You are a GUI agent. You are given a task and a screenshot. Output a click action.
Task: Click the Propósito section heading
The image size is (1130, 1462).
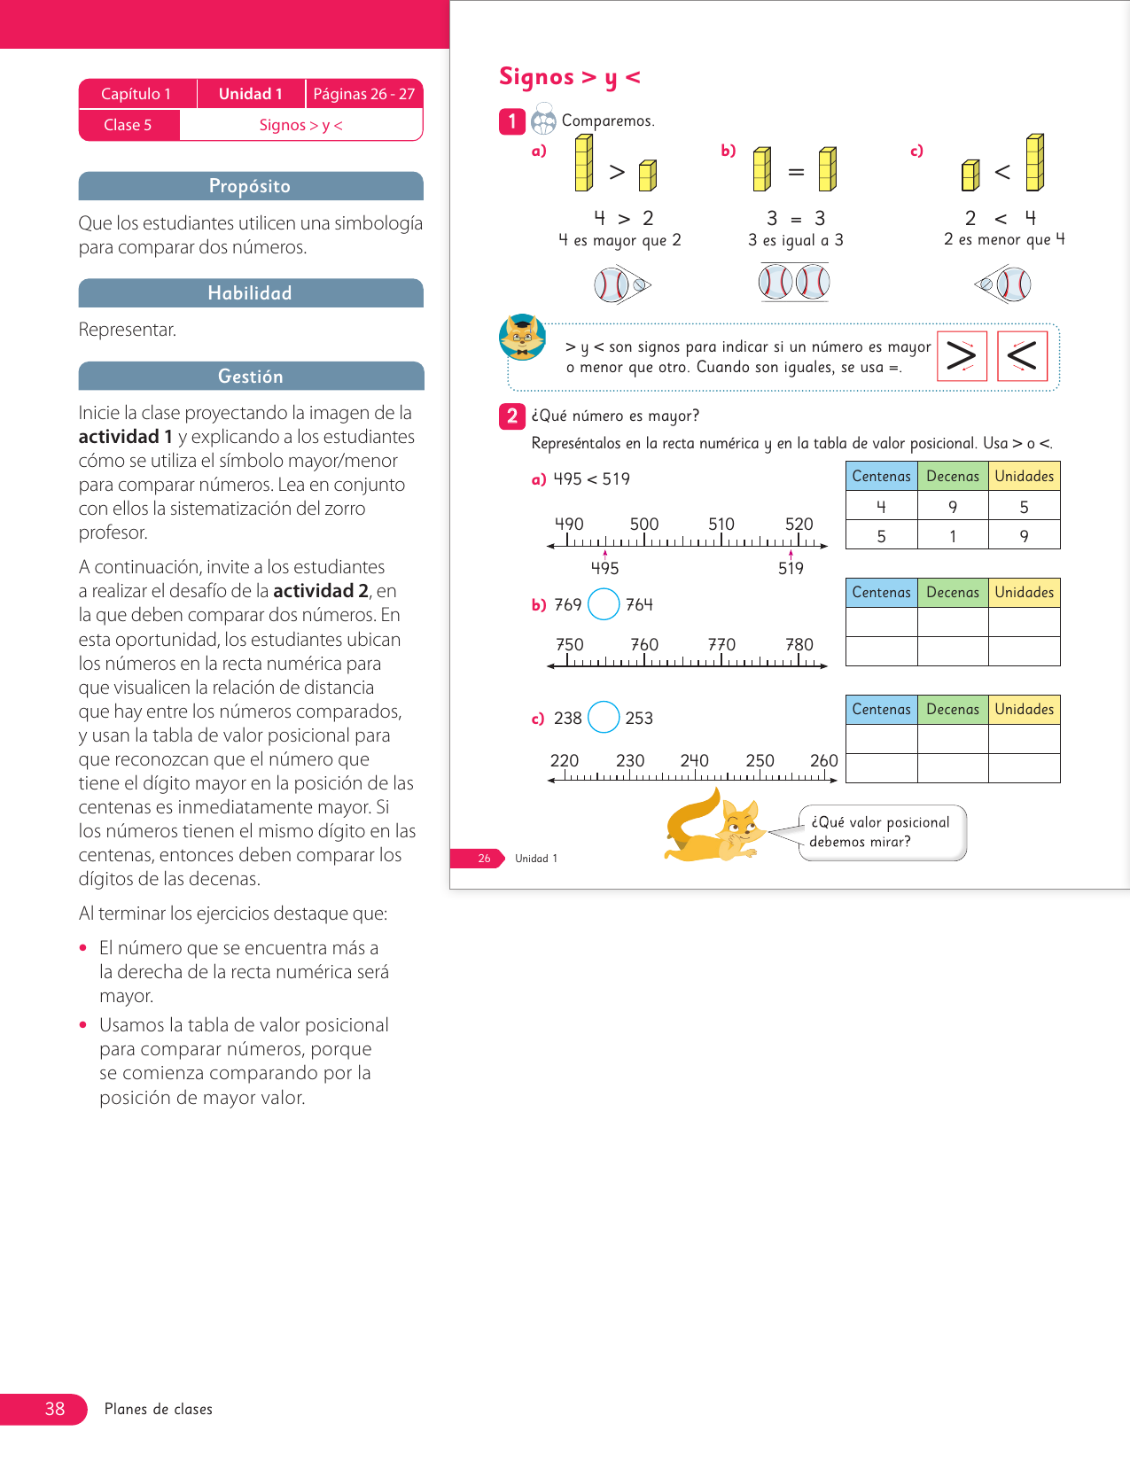(250, 186)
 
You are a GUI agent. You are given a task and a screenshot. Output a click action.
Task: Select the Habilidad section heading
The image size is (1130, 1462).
(250, 293)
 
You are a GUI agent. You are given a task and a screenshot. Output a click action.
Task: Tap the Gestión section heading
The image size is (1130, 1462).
(250, 377)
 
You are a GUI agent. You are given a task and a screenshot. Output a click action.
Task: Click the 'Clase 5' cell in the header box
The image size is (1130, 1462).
(129, 125)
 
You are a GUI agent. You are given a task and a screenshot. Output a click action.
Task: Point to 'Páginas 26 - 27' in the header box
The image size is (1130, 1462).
(364, 94)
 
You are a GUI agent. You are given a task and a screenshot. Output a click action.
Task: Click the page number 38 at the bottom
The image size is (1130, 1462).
(55, 1409)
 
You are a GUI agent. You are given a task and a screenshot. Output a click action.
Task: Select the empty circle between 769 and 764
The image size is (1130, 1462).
(604, 604)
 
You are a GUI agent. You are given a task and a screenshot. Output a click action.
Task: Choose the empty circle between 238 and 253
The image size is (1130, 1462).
(604, 717)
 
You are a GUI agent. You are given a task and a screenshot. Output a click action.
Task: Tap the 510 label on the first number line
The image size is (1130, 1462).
(721, 524)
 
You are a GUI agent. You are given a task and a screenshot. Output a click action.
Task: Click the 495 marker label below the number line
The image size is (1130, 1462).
(605, 568)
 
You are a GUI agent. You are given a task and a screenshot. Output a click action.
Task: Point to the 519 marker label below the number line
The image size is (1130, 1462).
(791, 568)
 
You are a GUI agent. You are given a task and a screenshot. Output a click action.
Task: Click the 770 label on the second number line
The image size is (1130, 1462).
(721, 644)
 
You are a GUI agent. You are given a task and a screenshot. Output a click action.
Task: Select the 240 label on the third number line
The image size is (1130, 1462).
(695, 760)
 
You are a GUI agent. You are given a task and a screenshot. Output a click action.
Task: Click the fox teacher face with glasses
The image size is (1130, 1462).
(522, 337)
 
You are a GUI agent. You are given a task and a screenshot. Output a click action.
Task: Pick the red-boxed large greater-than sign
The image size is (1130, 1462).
(962, 356)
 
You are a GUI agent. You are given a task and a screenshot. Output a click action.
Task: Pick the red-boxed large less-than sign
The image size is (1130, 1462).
(1022, 356)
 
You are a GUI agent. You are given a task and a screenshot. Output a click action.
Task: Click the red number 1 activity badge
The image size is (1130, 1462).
(512, 121)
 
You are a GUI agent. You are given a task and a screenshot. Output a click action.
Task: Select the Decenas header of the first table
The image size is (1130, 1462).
(953, 476)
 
